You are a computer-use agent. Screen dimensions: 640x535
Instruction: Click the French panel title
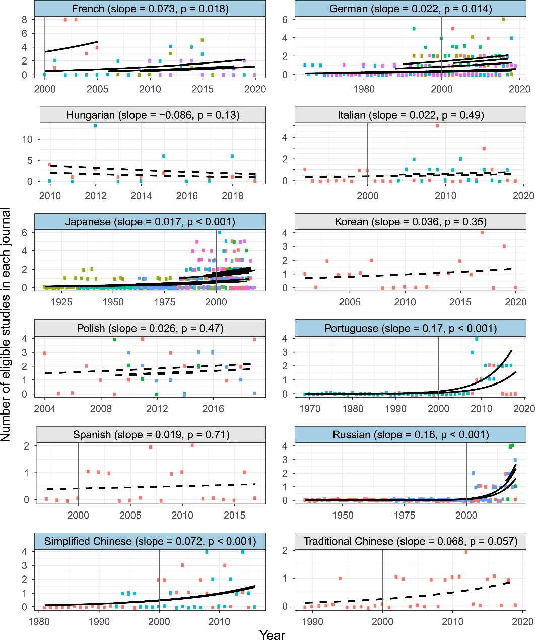point(150,9)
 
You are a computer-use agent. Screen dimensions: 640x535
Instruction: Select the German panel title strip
point(410,9)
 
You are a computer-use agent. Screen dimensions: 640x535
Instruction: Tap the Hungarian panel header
point(153,115)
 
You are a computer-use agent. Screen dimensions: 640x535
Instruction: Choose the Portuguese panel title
point(410,329)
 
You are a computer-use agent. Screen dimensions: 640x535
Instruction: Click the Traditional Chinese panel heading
point(410,542)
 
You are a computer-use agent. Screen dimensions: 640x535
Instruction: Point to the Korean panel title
point(410,222)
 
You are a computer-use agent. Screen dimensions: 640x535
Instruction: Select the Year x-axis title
point(272,635)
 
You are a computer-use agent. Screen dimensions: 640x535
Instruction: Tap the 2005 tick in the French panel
point(97,89)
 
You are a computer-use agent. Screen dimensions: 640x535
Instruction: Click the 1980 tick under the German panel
point(364,89)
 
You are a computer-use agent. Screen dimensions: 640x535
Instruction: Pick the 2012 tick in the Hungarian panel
point(95,196)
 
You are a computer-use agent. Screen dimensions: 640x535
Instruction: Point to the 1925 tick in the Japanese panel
point(61,302)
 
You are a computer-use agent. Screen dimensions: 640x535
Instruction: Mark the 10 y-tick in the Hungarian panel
point(27,139)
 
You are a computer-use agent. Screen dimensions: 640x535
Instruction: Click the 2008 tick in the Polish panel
point(101,409)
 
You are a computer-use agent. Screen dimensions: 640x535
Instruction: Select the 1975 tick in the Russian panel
point(405,515)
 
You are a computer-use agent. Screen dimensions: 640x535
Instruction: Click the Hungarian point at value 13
point(95,125)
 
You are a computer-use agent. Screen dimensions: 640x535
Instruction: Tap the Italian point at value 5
point(437,126)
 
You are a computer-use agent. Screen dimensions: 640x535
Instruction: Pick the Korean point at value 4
point(482,233)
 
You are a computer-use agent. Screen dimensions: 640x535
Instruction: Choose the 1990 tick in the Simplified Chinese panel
point(99,621)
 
